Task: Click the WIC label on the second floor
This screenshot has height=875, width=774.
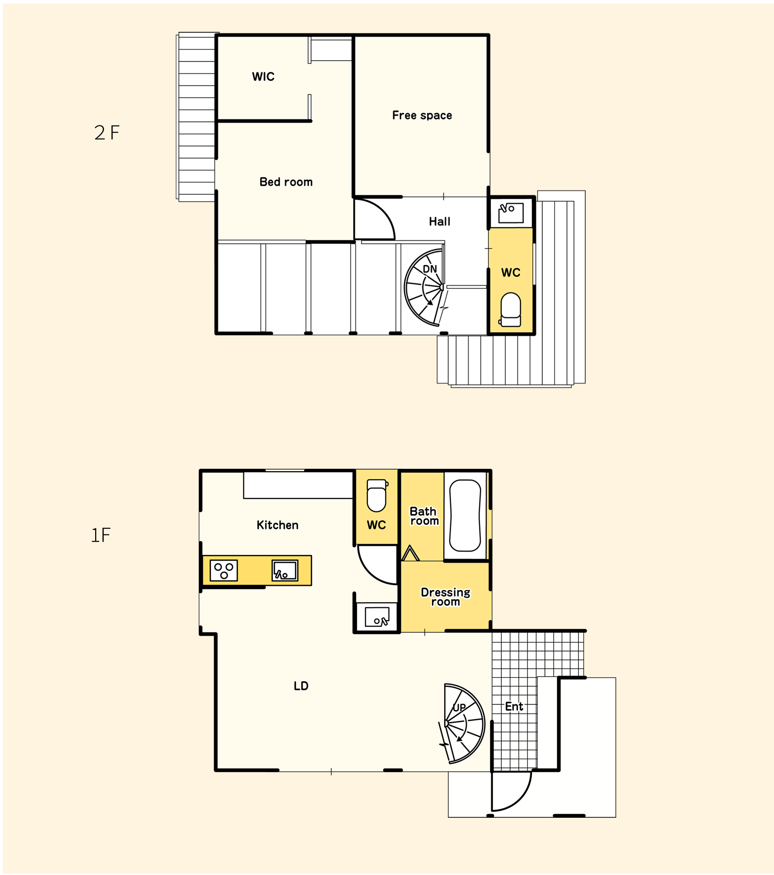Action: point(263,77)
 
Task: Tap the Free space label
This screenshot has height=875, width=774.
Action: point(422,115)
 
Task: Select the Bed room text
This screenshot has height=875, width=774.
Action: point(286,182)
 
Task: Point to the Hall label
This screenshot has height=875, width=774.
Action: point(439,221)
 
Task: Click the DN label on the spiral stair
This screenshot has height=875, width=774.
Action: point(429,269)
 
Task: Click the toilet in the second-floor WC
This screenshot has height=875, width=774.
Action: point(510,310)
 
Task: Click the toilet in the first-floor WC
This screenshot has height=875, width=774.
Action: point(377,495)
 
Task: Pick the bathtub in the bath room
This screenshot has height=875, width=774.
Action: point(465,515)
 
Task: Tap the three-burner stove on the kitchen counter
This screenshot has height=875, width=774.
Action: point(223,571)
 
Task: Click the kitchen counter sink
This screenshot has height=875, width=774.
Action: point(285,571)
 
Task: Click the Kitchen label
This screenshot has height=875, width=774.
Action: point(277,525)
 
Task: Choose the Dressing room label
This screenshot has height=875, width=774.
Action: point(445,597)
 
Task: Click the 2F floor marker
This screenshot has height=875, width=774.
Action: point(106,133)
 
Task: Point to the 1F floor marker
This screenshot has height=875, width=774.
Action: point(101,535)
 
